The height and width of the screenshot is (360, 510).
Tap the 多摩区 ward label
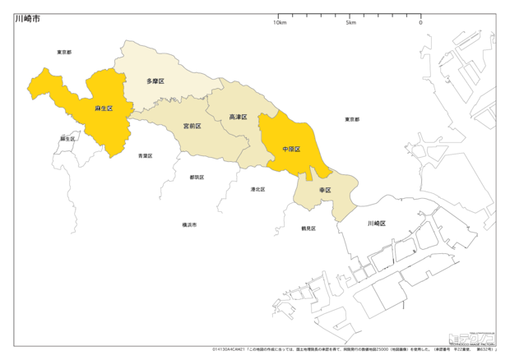pyautogui.click(x=155, y=81)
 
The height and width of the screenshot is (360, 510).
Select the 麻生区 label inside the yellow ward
pyautogui.click(x=104, y=108)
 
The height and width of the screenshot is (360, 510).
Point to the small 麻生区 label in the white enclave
pyautogui.click(x=67, y=139)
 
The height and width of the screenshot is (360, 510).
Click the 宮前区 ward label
pyautogui.click(x=192, y=127)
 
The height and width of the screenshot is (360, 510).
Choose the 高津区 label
pyautogui.click(x=238, y=117)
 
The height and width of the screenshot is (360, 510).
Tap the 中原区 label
pyautogui.click(x=291, y=150)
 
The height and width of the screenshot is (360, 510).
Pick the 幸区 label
pyautogui.click(x=324, y=190)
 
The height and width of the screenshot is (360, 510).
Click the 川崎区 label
pyautogui.click(x=377, y=223)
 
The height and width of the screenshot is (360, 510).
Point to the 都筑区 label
pyautogui.click(x=197, y=177)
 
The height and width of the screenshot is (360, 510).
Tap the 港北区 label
pyautogui.click(x=257, y=189)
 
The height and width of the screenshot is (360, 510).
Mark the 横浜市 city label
pyautogui.click(x=189, y=224)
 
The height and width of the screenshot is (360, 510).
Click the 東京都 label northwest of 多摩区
pyautogui.click(x=64, y=52)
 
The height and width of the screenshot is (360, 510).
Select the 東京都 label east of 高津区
pyautogui.click(x=352, y=119)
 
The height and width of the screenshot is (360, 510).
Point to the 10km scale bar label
pyautogui.click(x=280, y=22)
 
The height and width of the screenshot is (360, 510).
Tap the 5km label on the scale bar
pyautogui.click(x=350, y=22)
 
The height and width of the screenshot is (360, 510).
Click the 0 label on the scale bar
pyautogui.click(x=420, y=22)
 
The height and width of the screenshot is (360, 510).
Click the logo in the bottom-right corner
pyautogui.click(x=471, y=338)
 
